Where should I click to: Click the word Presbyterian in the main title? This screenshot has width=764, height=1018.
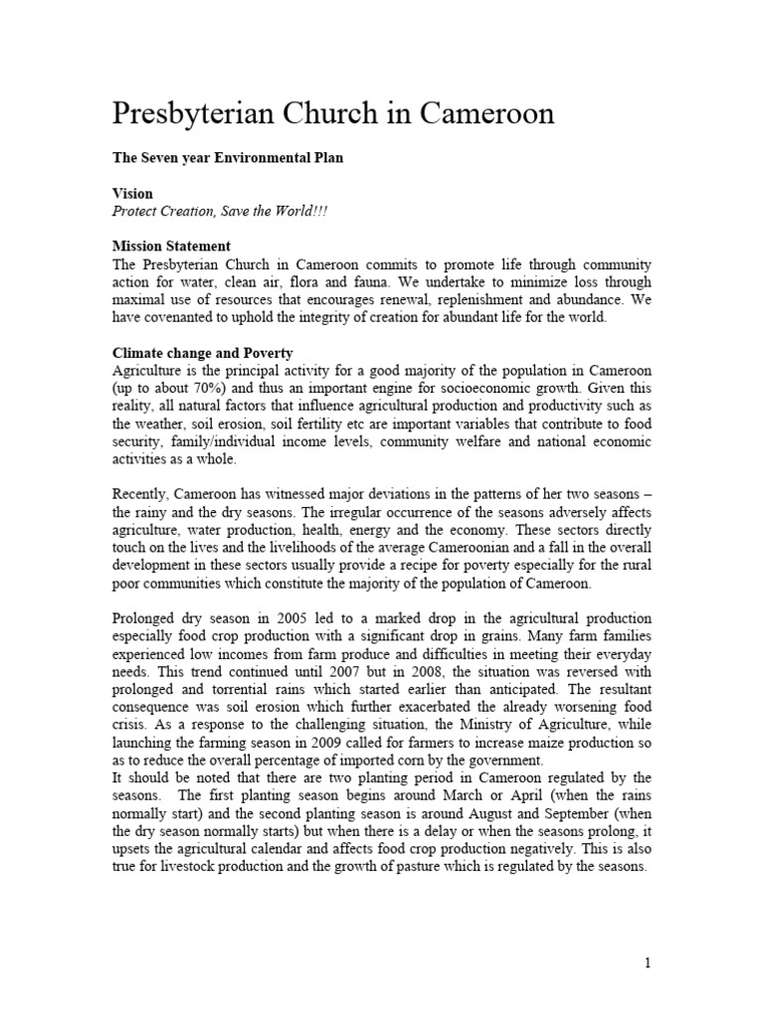click(197, 114)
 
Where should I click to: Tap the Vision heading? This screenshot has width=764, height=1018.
click(132, 195)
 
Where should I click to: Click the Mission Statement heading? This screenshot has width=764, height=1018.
click(171, 246)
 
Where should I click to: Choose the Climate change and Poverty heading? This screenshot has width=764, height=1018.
click(202, 353)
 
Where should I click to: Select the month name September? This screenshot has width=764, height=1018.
click(613, 829)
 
